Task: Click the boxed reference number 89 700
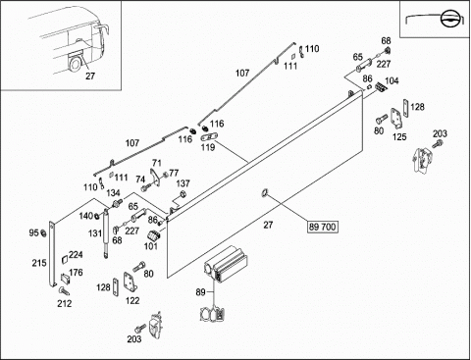[x=323, y=227]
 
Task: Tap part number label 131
[x=95, y=233]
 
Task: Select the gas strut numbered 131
[x=106, y=233]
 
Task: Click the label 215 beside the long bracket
[x=39, y=263]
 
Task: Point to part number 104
[x=392, y=80]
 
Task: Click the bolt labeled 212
[x=64, y=289]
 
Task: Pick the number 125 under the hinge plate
[x=399, y=136]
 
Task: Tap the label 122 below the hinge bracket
[x=132, y=300]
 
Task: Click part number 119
[x=208, y=147]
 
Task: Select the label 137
[x=183, y=183]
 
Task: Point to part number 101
[x=151, y=245]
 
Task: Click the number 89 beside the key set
[x=200, y=291]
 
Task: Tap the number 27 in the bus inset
[x=90, y=76]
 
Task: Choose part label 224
[x=76, y=254]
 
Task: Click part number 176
[x=76, y=272]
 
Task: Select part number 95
[x=33, y=232]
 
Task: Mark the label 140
[x=86, y=216]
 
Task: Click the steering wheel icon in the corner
[x=448, y=19]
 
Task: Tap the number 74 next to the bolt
[x=140, y=180]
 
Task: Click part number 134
[x=113, y=193]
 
